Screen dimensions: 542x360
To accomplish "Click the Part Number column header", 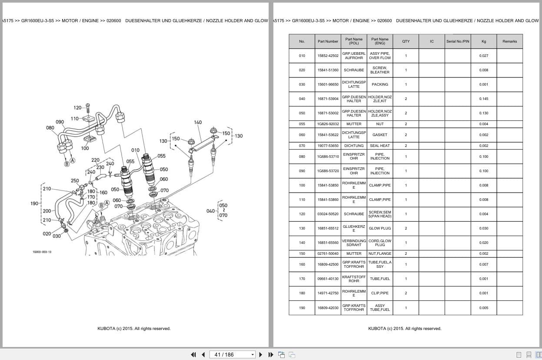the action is [x=328, y=41].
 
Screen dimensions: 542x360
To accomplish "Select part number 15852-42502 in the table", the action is [x=328, y=56].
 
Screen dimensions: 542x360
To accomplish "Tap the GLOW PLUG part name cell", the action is [x=379, y=228].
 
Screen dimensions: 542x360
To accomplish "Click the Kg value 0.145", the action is [x=483, y=99].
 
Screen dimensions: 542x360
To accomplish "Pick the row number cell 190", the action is [x=302, y=308].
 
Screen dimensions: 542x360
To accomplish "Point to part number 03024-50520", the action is [x=328, y=214].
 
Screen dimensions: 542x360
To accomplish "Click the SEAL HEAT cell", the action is [x=379, y=146].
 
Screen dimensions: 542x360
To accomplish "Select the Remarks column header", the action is [x=509, y=41].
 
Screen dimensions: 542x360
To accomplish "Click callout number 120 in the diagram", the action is [x=77, y=108].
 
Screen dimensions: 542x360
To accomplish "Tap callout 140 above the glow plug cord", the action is [x=198, y=122].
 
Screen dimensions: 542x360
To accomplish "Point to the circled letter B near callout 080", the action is [x=67, y=164].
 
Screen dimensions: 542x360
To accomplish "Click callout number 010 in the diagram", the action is [x=135, y=150].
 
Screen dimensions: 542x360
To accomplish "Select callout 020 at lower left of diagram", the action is [x=47, y=233].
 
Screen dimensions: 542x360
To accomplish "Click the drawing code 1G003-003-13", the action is [x=42, y=252].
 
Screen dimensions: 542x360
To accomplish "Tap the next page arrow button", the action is [x=261, y=355].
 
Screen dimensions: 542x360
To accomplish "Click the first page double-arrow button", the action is [x=193, y=355].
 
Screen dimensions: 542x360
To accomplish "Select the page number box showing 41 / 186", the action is [x=232, y=355].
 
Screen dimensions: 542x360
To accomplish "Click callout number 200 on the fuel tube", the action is [x=47, y=211].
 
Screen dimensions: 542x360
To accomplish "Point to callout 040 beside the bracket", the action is [x=210, y=211].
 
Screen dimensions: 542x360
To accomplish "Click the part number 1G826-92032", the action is [x=328, y=124].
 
